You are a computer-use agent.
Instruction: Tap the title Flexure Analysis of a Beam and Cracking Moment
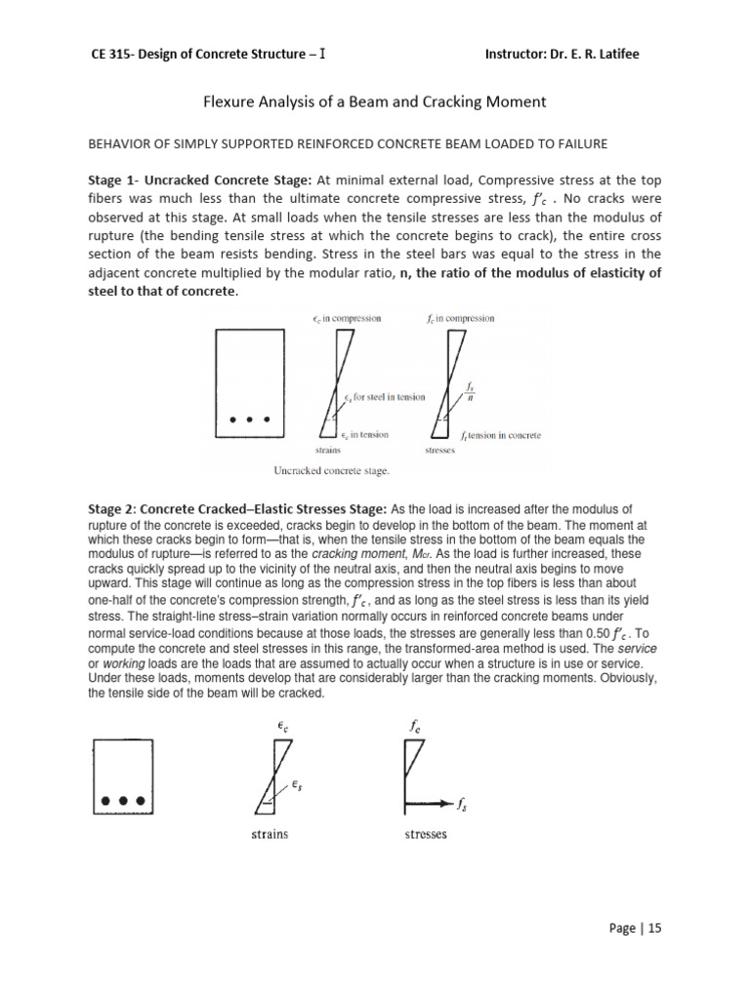pyautogui.click(x=374, y=100)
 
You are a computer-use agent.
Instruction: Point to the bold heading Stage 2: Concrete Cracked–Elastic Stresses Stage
pyautogui.click(x=238, y=508)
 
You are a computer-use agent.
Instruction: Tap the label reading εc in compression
pyautogui.click(x=347, y=318)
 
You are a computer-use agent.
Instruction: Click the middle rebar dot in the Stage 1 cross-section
pyautogui.click(x=249, y=421)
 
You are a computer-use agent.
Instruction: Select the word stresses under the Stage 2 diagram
pyautogui.click(x=425, y=835)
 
